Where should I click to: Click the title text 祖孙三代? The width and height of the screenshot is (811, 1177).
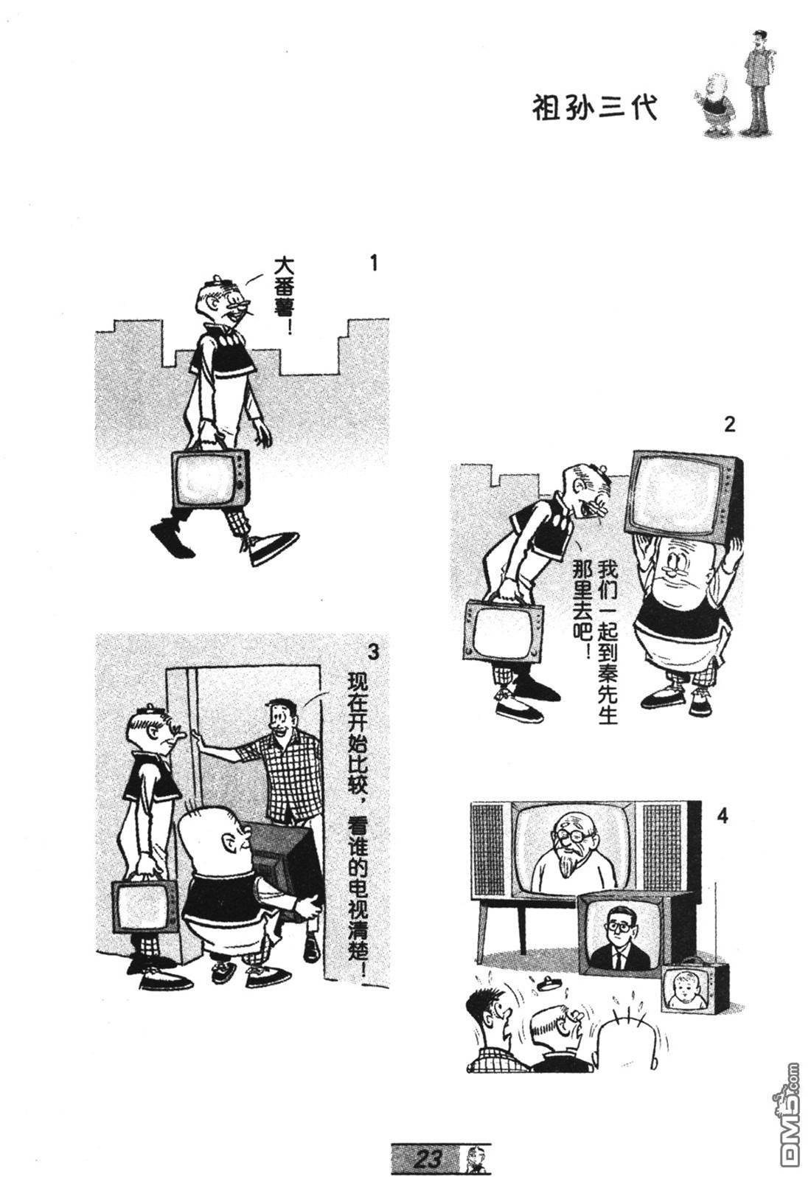point(594,108)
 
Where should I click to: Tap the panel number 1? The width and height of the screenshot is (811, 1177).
point(374,263)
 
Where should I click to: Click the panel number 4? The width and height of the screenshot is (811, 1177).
point(723,817)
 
